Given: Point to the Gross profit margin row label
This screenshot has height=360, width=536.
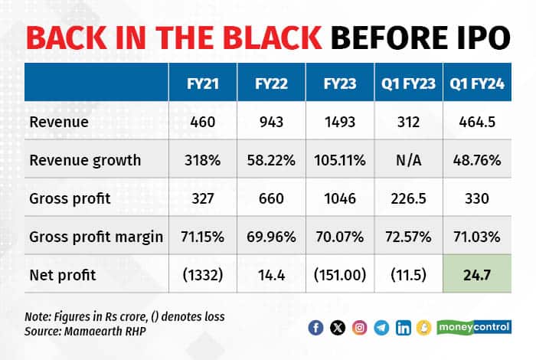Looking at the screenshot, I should (96, 236).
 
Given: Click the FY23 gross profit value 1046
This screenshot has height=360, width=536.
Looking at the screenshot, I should (339, 198).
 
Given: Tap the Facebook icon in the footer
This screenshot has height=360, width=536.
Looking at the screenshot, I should (315, 328).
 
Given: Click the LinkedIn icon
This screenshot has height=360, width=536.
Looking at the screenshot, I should (404, 328).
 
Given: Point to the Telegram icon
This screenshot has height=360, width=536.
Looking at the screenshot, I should (381, 328).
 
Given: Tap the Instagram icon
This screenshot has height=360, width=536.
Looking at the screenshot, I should (359, 328).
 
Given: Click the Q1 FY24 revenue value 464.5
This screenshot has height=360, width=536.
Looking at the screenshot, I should (476, 123).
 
